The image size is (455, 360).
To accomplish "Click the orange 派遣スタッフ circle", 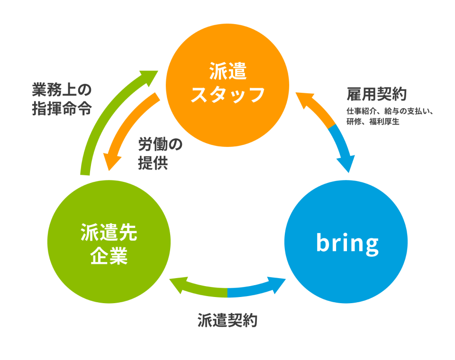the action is click(x=227, y=85).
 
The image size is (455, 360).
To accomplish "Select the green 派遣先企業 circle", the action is click(x=109, y=242).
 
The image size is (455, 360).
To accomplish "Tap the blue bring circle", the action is click(x=346, y=242).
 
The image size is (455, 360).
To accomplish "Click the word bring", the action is click(x=347, y=243).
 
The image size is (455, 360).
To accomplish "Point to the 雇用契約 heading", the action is click(x=377, y=94).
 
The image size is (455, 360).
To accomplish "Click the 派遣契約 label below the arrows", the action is click(x=227, y=321).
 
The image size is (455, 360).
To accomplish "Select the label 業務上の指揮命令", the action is click(x=62, y=99).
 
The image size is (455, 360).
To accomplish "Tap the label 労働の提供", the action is click(x=160, y=153).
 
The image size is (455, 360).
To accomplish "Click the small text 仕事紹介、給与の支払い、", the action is click(x=390, y=111).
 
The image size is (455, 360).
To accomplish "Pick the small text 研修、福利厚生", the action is click(x=373, y=122).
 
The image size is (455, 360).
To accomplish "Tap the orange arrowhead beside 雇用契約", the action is click(x=305, y=100).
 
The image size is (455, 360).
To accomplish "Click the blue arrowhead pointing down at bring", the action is click(x=346, y=164).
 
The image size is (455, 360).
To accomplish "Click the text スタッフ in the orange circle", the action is click(x=228, y=95).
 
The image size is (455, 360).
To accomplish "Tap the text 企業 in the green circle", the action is click(x=109, y=256).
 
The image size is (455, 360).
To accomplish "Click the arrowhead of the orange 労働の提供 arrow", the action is click(x=112, y=162).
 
